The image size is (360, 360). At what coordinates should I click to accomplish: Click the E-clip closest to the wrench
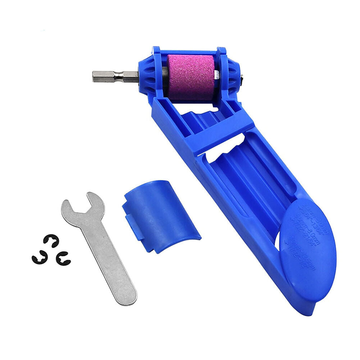click(63, 258)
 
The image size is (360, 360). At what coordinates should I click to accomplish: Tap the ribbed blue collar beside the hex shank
click(149, 74)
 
